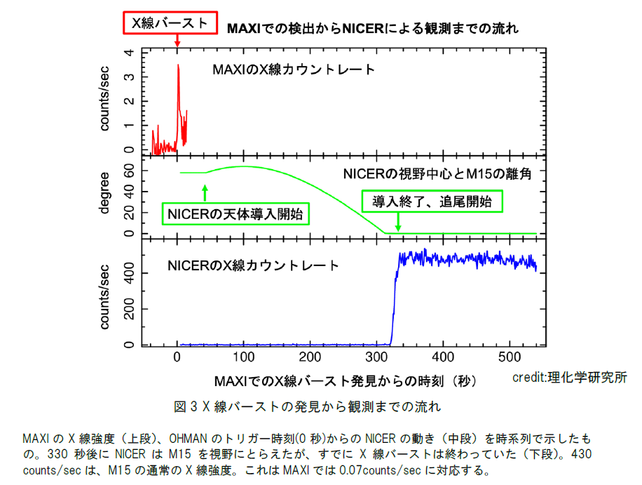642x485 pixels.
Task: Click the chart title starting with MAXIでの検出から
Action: (372, 29)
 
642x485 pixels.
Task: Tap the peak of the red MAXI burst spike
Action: (178, 65)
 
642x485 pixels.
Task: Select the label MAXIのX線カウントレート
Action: (294, 69)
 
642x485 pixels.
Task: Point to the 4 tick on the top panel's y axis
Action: (128, 53)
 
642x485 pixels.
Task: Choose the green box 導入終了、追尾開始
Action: (432, 201)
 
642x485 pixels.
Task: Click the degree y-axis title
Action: (104, 196)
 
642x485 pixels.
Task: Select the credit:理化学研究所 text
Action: (569, 377)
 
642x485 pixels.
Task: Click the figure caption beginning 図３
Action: (307, 406)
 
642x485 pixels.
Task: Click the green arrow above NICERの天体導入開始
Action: (205, 192)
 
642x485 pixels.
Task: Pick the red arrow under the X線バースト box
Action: (177, 40)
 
